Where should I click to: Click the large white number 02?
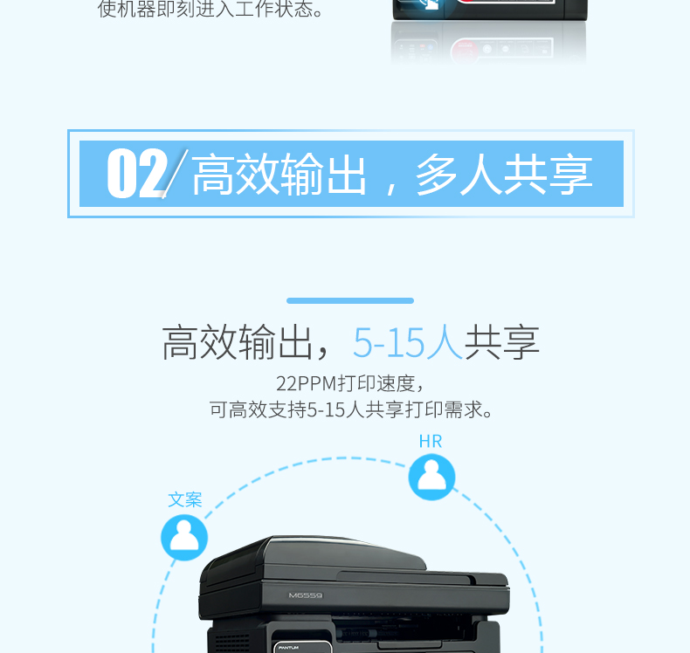point(137,173)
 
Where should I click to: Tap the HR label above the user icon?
point(431,441)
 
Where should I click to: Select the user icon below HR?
point(431,478)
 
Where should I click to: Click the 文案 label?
point(185,500)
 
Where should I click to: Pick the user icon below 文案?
point(184,538)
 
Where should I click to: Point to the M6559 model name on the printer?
point(306,595)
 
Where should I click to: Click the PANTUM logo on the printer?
point(288,648)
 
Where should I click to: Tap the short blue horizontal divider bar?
point(350,301)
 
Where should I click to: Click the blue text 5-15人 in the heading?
point(408,342)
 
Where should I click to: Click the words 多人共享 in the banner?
point(504,174)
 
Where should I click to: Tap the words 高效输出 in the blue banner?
point(279,174)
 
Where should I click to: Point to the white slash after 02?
point(176,174)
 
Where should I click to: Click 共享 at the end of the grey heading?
point(501,342)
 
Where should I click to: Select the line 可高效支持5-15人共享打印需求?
point(351,409)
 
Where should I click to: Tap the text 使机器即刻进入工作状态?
point(210,10)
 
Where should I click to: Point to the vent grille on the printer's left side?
point(232,642)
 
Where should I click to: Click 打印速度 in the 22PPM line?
point(376,383)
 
